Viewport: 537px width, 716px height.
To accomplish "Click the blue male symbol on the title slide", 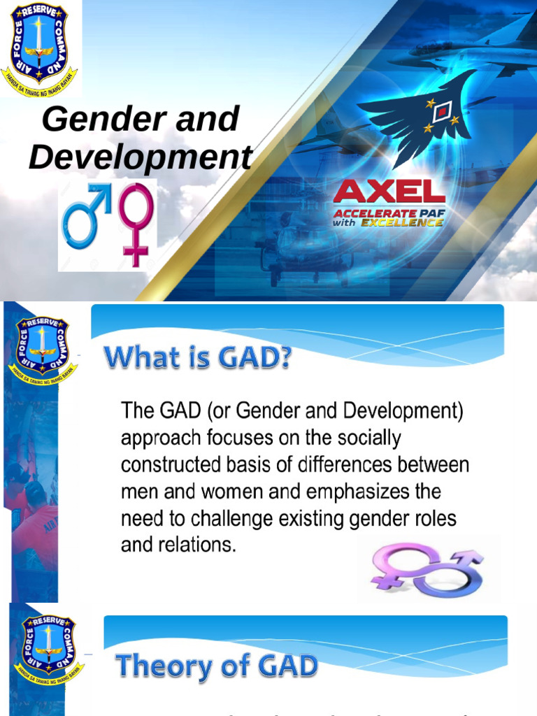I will (x=85, y=216).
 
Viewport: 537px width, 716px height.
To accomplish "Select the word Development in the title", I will (x=140, y=158).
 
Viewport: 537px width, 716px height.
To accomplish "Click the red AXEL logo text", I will (x=389, y=192).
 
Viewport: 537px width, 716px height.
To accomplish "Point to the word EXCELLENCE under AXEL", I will (x=408, y=222).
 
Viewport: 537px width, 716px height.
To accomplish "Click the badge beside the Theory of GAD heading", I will (x=48, y=650).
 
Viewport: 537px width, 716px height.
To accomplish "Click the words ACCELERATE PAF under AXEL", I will (x=389, y=212).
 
